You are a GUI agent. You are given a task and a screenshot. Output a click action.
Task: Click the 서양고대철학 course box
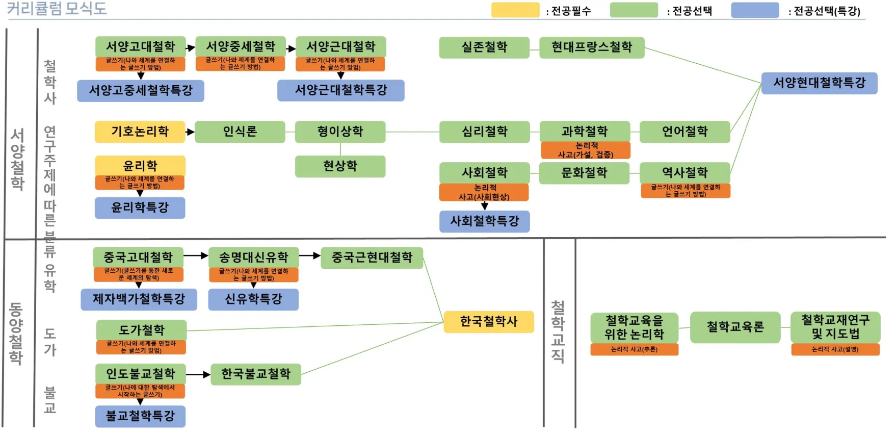tap(140, 46)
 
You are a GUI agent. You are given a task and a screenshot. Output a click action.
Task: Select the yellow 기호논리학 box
tap(140, 132)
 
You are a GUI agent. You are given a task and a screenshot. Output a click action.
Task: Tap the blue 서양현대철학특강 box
tap(819, 83)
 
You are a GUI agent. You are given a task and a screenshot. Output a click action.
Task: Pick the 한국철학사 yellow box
tap(488, 321)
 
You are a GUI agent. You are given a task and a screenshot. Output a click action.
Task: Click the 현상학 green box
tap(340, 166)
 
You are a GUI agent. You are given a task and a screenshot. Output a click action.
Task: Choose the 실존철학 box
tap(484, 47)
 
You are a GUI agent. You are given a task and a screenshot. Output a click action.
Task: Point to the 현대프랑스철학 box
tap(591, 47)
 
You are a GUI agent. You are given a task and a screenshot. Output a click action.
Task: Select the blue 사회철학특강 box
tap(484, 221)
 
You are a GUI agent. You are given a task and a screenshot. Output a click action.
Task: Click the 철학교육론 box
tap(735, 327)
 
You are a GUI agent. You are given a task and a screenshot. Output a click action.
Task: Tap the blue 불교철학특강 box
tap(140, 416)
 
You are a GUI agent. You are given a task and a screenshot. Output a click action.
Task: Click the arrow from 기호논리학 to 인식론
tap(190, 132)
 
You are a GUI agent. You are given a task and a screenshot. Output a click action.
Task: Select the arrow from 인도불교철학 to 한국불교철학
tap(198, 374)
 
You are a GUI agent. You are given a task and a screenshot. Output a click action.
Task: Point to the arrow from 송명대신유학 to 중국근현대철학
tap(310, 255)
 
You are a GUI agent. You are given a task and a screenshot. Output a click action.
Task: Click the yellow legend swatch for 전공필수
tap(515, 10)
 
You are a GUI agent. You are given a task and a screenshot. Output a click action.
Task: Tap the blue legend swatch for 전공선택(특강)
tap(755, 10)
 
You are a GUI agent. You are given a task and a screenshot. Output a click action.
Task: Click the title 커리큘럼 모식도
tap(57, 9)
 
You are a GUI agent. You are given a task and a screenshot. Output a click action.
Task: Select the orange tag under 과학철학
tap(585, 150)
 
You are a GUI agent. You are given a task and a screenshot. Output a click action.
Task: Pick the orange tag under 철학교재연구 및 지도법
tap(835, 349)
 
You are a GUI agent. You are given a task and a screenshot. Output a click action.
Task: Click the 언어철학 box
tap(684, 132)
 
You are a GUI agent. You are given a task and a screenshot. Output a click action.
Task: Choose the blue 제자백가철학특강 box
tap(139, 299)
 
